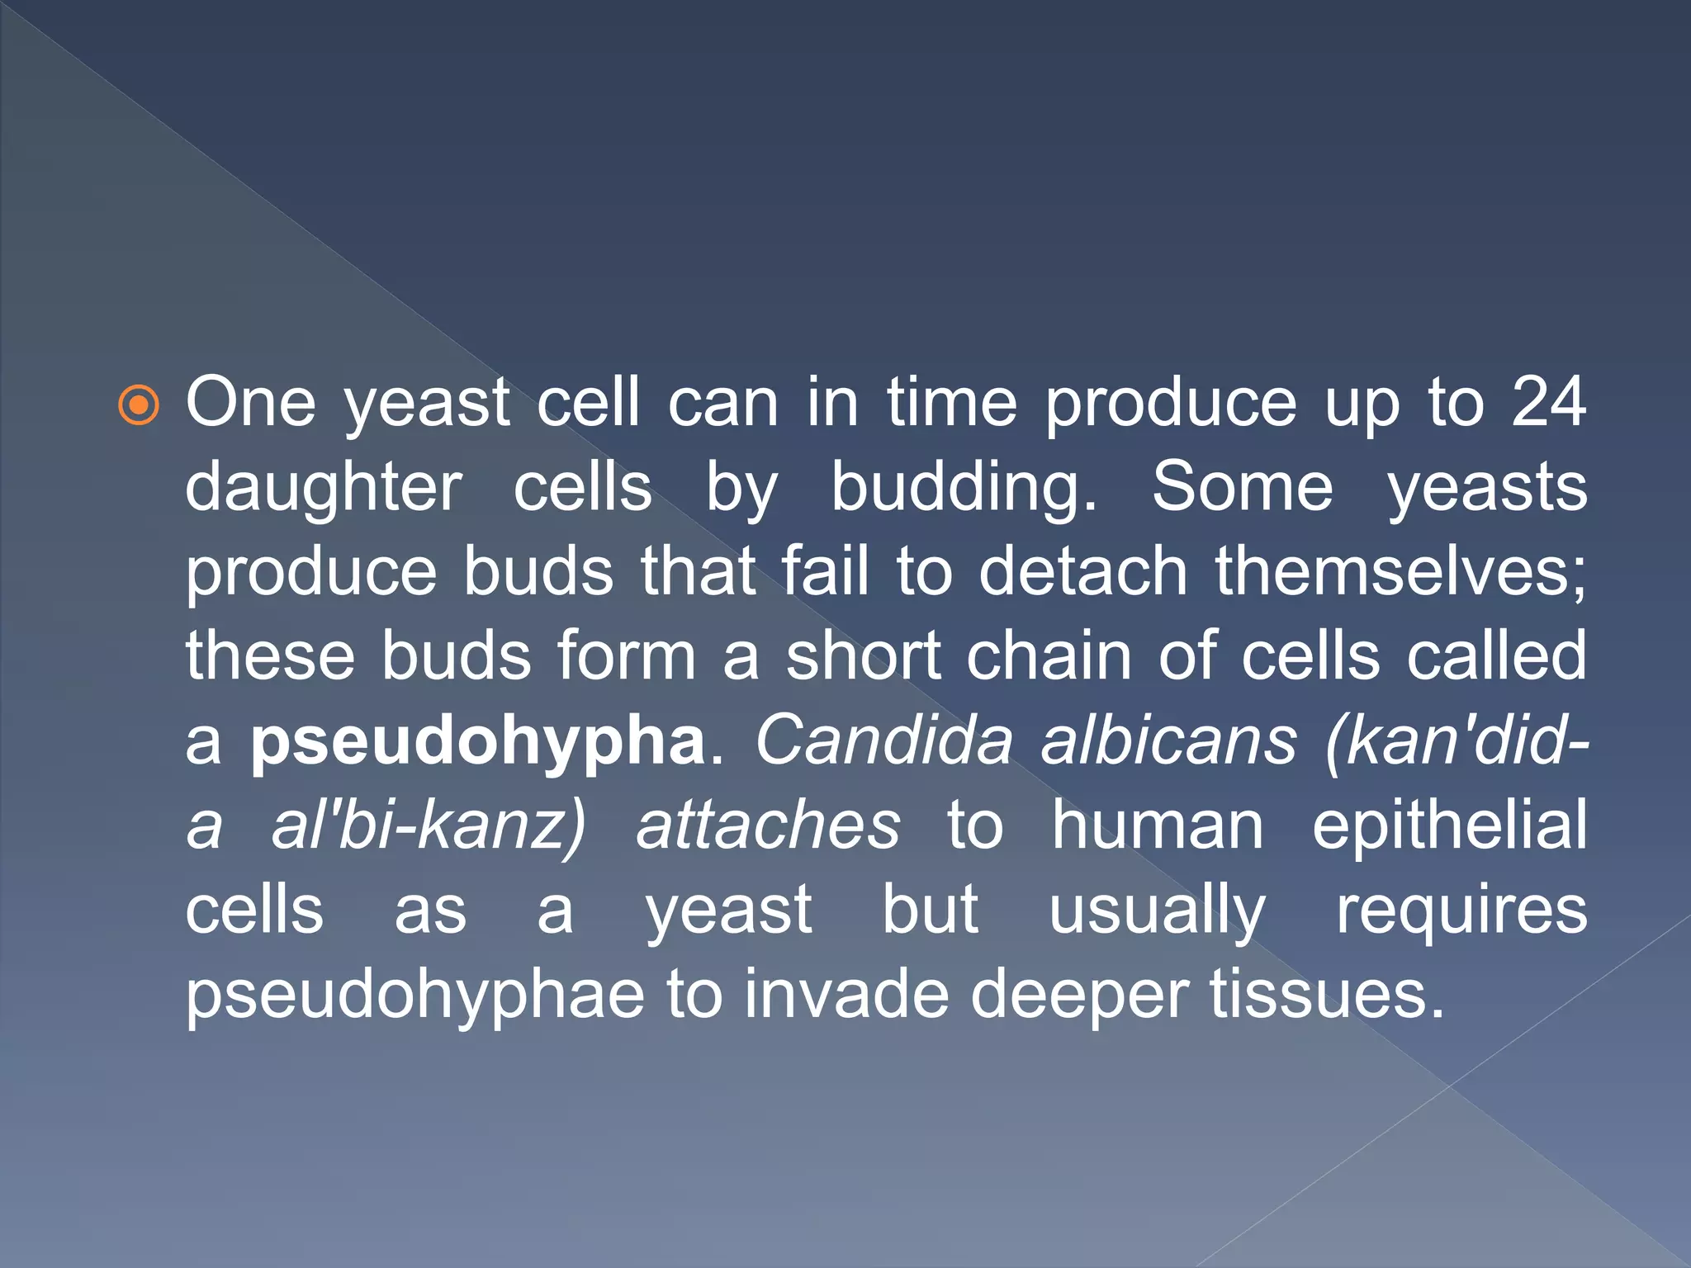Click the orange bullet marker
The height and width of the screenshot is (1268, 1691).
point(139,405)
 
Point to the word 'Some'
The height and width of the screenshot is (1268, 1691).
point(1242,487)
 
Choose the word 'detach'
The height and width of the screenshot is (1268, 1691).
point(1082,571)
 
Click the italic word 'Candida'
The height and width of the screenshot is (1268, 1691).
point(883,740)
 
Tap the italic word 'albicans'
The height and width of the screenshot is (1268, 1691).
point(1169,740)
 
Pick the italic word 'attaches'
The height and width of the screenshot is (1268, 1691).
point(768,826)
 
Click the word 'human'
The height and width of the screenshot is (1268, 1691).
point(1158,826)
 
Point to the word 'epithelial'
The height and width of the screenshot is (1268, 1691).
point(1449,826)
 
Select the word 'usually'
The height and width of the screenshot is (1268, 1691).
point(1157,911)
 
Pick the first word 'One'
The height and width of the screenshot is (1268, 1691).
point(250,403)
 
